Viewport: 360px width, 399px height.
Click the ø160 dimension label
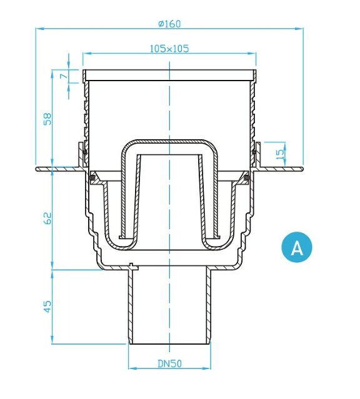(x=169, y=24)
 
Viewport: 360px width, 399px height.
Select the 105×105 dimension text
(x=169, y=48)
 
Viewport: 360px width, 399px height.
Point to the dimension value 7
(x=64, y=76)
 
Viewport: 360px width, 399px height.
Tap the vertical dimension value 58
(x=47, y=119)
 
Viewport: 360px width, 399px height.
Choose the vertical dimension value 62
(x=47, y=218)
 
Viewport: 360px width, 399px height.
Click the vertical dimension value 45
(x=47, y=305)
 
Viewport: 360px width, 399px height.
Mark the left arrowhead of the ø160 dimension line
(x=39, y=29)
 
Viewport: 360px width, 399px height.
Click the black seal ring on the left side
(x=92, y=179)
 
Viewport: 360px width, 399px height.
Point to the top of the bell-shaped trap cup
(x=169, y=142)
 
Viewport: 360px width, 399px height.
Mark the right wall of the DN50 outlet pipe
(x=210, y=306)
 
